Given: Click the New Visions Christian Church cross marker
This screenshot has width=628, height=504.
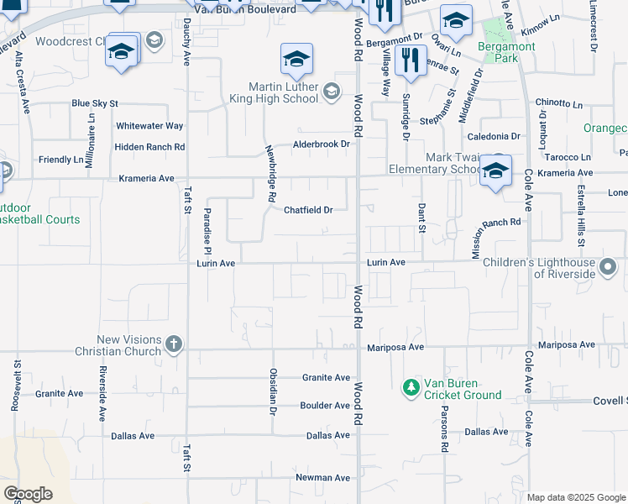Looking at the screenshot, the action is tap(174, 344).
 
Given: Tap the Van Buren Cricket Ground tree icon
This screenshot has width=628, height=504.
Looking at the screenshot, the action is tap(411, 387).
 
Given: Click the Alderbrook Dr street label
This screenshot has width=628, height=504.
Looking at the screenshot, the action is tap(321, 144).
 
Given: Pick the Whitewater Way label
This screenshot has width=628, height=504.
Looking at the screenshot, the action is tap(149, 126).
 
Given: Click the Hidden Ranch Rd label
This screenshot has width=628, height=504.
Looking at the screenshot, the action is tap(149, 147).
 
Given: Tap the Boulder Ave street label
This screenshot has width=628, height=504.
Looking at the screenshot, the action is tap(325, 406).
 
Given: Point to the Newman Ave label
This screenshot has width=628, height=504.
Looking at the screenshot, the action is tap(322, 478).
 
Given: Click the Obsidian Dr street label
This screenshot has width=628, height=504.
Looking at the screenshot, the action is tap(272, 391).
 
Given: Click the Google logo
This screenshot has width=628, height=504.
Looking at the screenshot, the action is tap(28, 494).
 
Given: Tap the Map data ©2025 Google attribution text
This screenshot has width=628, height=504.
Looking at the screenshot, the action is tap(575, 497).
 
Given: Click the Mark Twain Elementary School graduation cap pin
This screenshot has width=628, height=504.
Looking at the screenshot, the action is tap(495, 171).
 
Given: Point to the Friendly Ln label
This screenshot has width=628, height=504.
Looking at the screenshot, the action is tap(61, 160).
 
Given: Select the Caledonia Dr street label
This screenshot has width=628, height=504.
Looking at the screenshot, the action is tap(494, 136).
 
